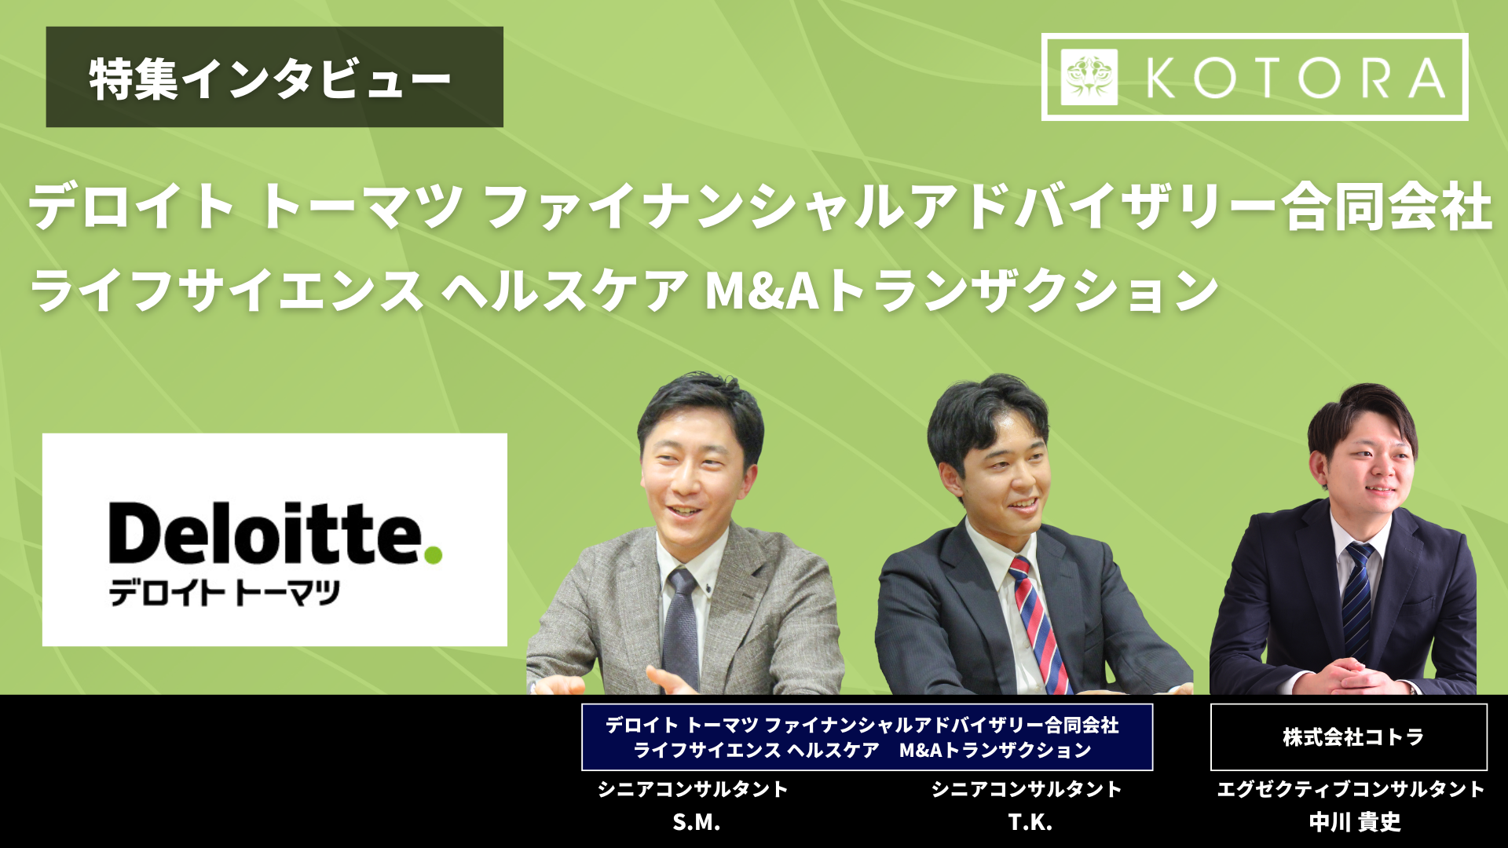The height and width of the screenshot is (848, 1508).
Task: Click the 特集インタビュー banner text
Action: (269, 79)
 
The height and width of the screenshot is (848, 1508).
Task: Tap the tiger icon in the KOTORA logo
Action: (1089, 77)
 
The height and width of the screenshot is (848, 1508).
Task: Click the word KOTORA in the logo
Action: (1296, 78)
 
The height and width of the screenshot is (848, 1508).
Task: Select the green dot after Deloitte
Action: (433, 555)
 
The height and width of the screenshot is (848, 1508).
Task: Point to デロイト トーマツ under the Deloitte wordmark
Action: (224, 593)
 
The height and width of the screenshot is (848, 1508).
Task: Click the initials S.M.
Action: (696, 822)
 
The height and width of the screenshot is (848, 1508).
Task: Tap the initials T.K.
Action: (1030, 822)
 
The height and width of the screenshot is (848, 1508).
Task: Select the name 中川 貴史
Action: (1355, 822)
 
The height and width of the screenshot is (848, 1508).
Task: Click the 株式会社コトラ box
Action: (1349, 737)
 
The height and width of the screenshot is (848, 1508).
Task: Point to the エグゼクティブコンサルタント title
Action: (1350, 789)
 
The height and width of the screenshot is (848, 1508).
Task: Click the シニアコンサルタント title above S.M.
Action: (693, 789)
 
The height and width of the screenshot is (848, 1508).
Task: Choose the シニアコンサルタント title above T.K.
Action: (1027, 789)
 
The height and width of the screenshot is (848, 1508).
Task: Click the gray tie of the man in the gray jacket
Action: (680, 628)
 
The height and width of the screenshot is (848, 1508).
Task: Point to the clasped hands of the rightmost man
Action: (1351, 677)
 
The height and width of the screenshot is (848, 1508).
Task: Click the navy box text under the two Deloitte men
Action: (863, 737)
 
